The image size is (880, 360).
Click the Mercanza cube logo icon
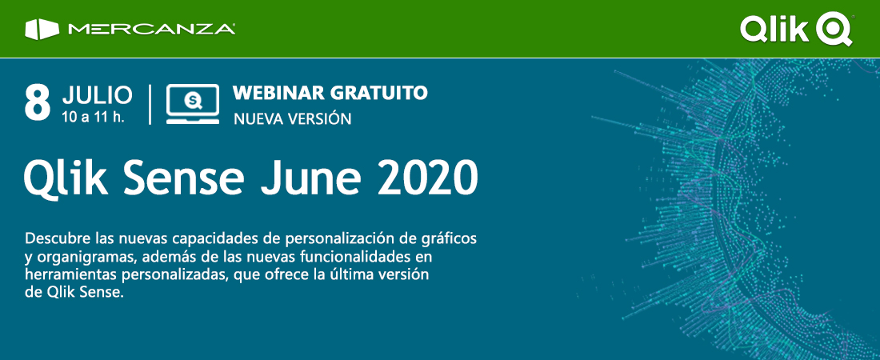pyautogui.click(x=42, y=30)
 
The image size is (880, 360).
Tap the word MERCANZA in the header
pyautogui.click(x=151, y=30)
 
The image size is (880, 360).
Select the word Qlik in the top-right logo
pyautogui.click(x=776, y=28)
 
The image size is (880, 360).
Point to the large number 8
pyautogui.click(x=38, y=103)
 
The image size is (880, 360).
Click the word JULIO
pyautogui.click(x=98, y=95)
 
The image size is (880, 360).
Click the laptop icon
pyautogui.click(x=193, y=104)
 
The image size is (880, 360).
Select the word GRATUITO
pyautogui.click(x=378, y=94)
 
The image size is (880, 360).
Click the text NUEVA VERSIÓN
pyautogui.click(x=292, y=118)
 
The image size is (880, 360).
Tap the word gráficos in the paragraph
pyautogui.click(x=449, y=239)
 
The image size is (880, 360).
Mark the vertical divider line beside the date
pyautogui.click(x=150, y=105)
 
